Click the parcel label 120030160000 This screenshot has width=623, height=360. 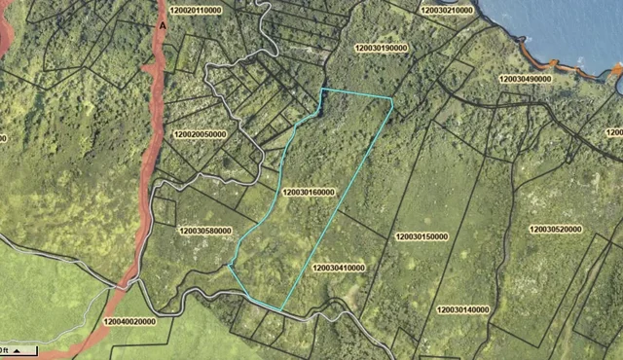(x=308, y=193)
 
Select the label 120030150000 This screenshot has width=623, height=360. (x=421, y=236)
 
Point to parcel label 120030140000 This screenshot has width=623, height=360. (x=463, y=309)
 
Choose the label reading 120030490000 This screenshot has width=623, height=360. (x=526, y=79)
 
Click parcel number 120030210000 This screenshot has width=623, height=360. (x=447, y=10)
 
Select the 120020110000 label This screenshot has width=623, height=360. (x=194, y=10)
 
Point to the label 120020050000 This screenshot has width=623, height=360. (x=199, y=134)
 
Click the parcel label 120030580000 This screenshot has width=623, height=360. (x=205, y=231)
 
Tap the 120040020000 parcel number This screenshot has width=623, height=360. (x=128, y=320)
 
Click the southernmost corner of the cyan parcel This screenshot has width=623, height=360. (x=281, y=310)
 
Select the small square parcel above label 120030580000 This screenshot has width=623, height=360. (x=165, y=212)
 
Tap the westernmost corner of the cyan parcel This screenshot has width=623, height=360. (x=229, y=265)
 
